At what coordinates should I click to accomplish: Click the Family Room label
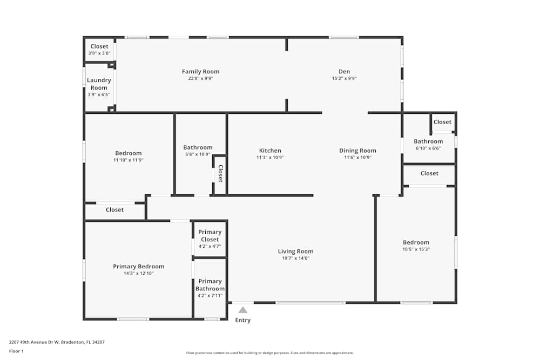click(x=200, y=72)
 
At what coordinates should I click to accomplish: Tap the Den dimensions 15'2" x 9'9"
click(x=344, y=78)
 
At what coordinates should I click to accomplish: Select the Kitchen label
click(x=270, y=151)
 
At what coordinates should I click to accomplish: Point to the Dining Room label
click(x=357, y=151)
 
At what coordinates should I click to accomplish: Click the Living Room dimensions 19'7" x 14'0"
click(x=295, y=259)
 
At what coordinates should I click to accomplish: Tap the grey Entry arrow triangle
click(x=243, y=310)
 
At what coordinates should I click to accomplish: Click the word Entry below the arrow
click(x=243, y=320)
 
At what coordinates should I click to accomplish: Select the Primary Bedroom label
click(x=138, y=267)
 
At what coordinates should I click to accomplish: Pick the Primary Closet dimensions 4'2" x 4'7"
click(x=210, y=247)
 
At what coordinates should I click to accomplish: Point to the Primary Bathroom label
click(x=210, y=285)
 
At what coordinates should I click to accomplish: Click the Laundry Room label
click(x=99, y=84)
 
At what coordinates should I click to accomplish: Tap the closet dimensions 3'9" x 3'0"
click(x=99, y=53)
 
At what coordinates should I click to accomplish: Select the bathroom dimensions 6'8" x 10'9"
click(x=198, y=154)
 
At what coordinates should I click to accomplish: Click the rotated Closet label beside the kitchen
click(x=220, y=173)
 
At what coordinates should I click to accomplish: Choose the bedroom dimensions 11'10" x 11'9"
click(x=128, y=160)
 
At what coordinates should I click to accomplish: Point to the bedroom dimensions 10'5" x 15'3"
click(x=416, y=249)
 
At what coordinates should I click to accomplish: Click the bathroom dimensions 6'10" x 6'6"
click(x=428, y=148)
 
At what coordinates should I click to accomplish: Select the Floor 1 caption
click(x=16, y=351)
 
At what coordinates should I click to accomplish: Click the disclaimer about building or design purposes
click(x=269, y=353)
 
